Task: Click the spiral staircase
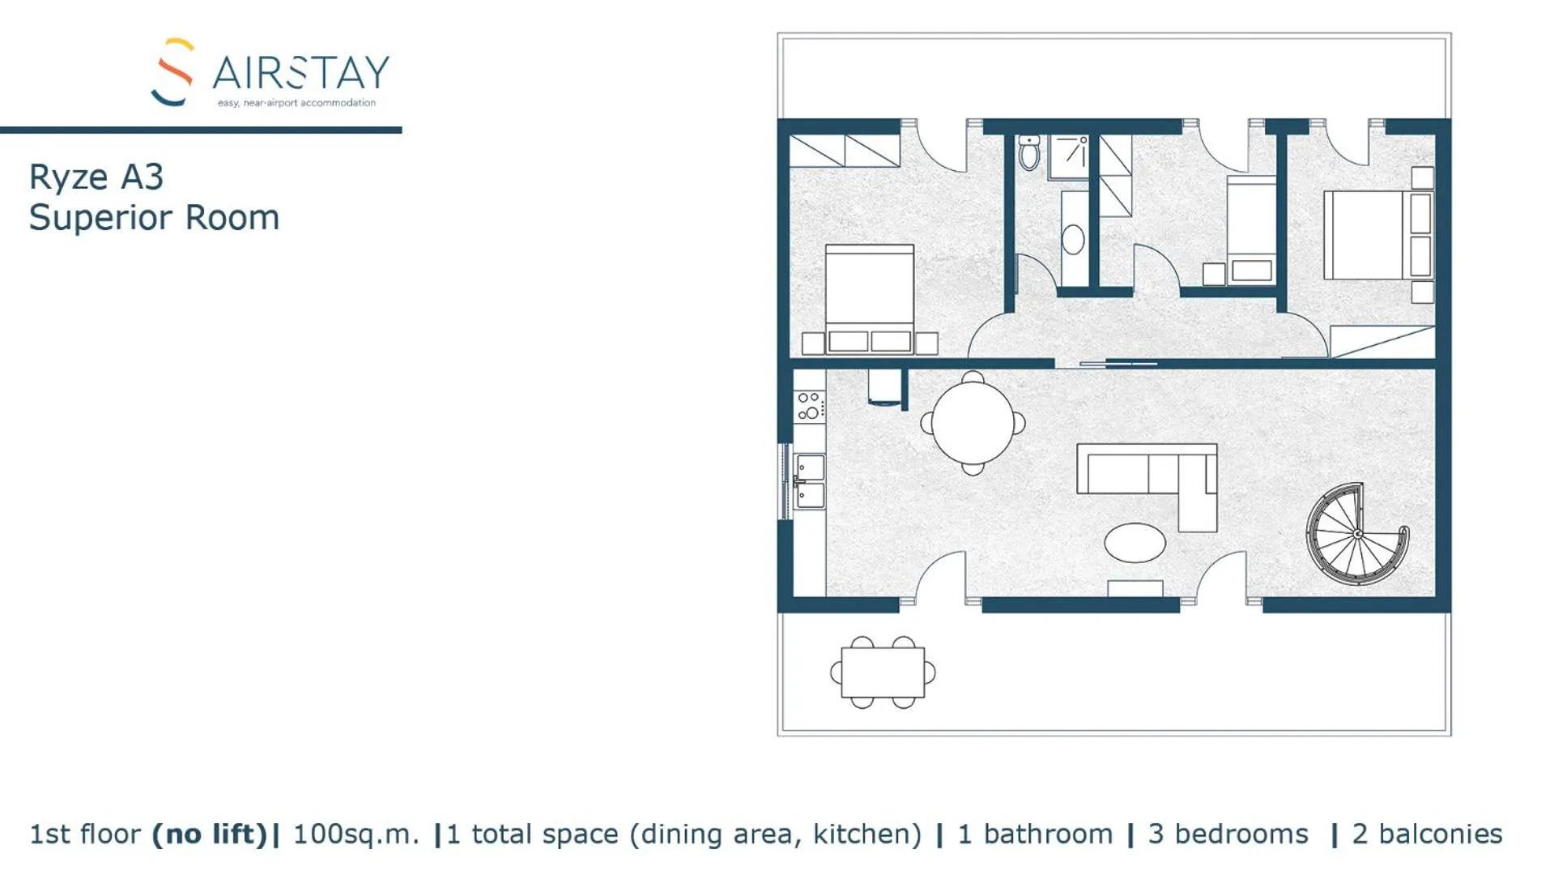tap(1357, 534)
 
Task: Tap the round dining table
tap(973, 423)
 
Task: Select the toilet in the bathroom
tap(1029, 152)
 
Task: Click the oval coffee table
tap(1135, 542)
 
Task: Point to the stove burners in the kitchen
tap(809, 406)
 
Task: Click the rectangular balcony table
tap(883, 672)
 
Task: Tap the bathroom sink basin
tap(1073, 240)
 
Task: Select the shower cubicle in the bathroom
tap(1069, 157)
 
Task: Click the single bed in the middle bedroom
tap(1251, 231)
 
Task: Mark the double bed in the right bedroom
tap(1377, 235)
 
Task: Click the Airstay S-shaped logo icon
tap(173, 72)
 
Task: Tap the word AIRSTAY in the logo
tap(301, 74)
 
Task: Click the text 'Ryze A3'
tap(96, 177)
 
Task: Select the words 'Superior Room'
tap(154, 218)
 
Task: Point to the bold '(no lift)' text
tap(210, 834)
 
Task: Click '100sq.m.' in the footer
tap(356, 834)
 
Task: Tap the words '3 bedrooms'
tap(1228, 834)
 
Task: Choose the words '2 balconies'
tap(1427, 834)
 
